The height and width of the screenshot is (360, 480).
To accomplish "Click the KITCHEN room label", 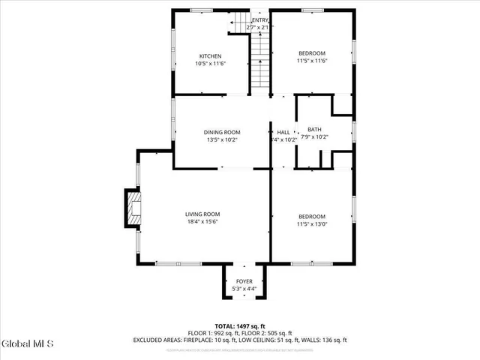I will [x=210, y=56].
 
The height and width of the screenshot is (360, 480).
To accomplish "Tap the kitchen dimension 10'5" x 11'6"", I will [x=210, y=64].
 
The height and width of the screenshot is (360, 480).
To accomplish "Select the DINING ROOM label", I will [x=222, y=132].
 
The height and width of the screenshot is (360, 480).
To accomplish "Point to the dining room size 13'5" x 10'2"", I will [x=222, y=139].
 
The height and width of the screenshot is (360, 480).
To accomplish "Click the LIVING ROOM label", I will [x=202, y=214].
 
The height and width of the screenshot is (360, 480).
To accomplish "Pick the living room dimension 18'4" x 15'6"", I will [x=202, y=222].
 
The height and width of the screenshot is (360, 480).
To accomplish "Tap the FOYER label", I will [x=244, y=281].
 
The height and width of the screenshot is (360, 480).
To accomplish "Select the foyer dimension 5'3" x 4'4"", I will [x=244, y=289].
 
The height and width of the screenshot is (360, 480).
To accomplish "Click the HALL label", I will [x=283, y=132].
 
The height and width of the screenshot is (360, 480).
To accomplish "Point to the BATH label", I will [x=313, y=130].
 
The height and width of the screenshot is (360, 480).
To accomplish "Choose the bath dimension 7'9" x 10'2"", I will [x=313, y=137].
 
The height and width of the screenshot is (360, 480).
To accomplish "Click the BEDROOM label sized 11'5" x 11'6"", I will [x=312, y=52].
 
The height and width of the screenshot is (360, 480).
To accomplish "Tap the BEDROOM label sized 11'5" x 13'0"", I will [x=312, y=216].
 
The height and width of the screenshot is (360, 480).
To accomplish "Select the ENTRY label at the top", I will [x=260, y=20].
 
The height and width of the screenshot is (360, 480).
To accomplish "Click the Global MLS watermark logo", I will [x=28, y=344].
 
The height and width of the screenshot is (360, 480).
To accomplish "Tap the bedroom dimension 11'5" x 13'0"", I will [x=312, y=223].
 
